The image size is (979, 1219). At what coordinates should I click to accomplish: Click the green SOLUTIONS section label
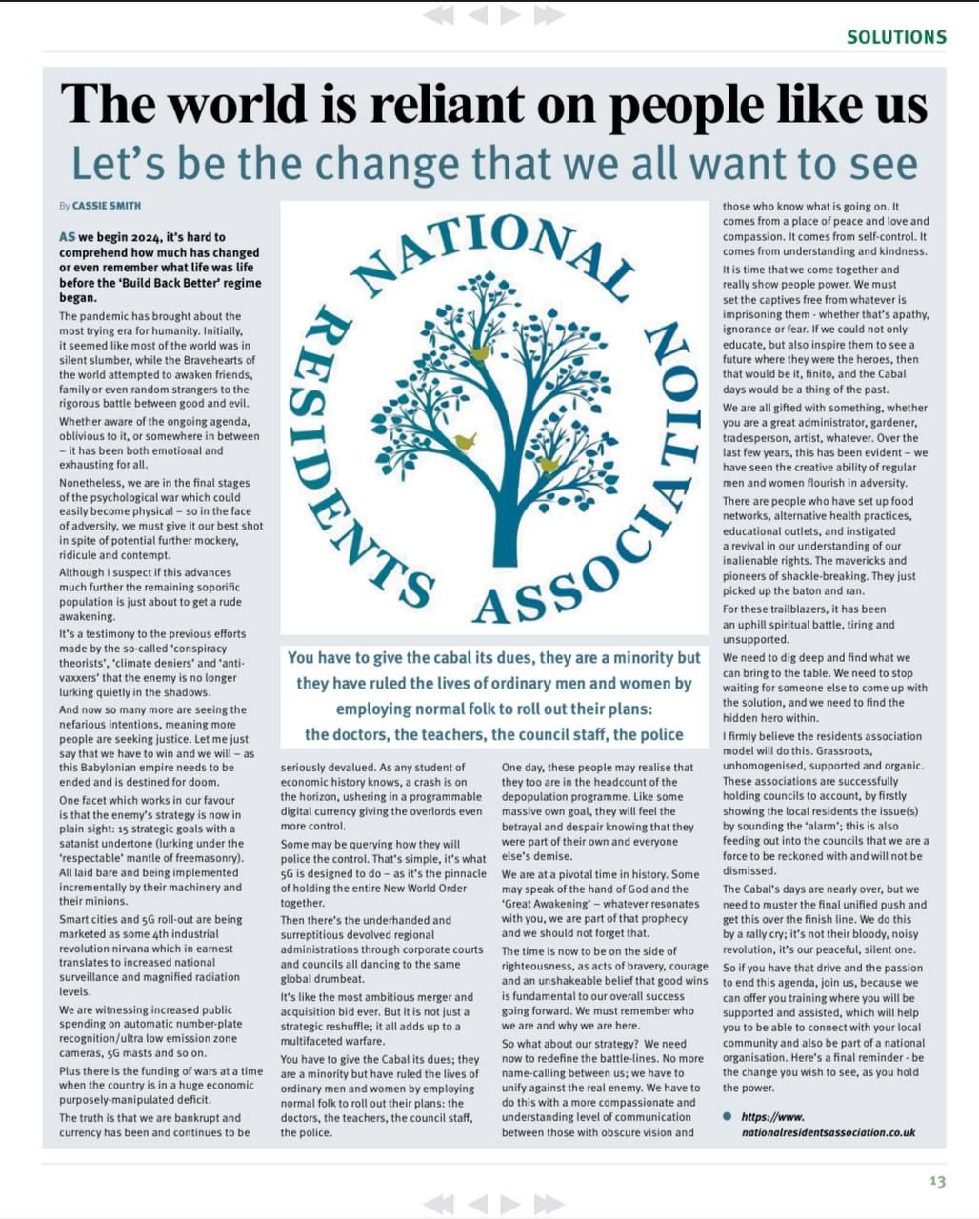[896, 37]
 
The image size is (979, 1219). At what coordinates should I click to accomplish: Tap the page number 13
[937, 1181]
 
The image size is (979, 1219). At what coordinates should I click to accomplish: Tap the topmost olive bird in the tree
[479, 353]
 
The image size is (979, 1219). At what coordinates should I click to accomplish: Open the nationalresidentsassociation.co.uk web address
[828, 1125]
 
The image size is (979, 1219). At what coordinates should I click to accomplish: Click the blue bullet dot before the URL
[728, 1116]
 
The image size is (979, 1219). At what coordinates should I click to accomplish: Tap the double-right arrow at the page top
[549, 14]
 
